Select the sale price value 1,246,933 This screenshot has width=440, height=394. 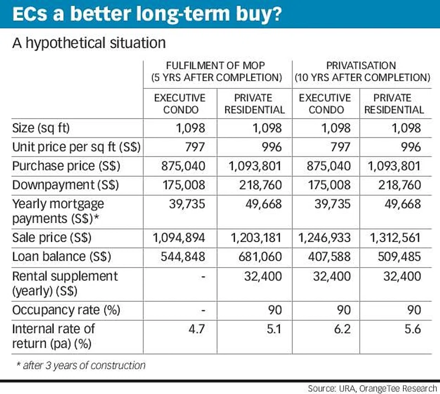[x=324, y=238]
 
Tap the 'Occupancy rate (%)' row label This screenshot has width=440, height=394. [x=66, y=310]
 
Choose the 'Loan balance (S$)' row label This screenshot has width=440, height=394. [x=61, y=257]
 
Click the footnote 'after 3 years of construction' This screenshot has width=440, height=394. [x=80, y=365]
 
